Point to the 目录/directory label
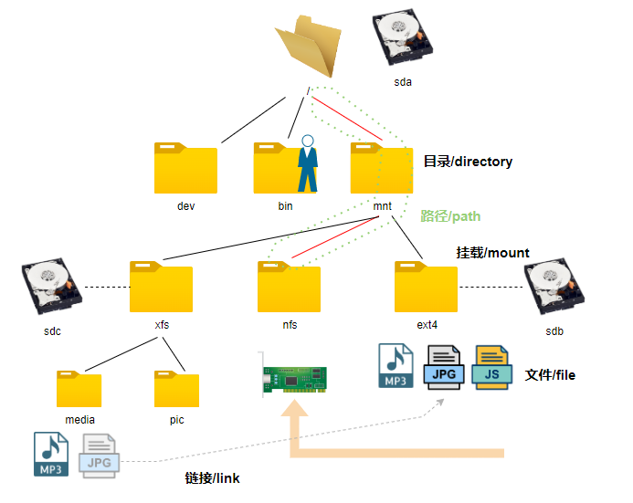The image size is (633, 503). coord(468,162)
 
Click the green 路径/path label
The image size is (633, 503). coord(449,216)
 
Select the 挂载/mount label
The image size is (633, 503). coord(492,253)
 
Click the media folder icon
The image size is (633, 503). coord(79,388)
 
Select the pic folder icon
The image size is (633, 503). coord(176,388)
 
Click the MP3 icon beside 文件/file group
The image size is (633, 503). coord(396,366)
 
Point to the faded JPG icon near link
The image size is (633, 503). coord(100,455)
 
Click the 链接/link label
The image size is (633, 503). coord(212,478)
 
